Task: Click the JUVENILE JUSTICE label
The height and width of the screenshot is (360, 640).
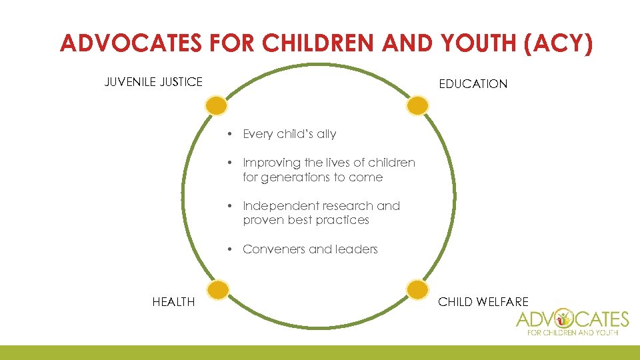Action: [x=153, y=82]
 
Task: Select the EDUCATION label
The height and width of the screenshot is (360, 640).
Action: [x=473, y=84]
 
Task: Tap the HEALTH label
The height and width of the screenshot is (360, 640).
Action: [x=173, y=302]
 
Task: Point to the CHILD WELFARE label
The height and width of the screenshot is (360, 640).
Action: [x=483, y=302]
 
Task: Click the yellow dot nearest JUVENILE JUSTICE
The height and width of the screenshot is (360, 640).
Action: [x=216, y=105]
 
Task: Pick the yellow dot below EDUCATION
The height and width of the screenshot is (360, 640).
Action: [x=417, y=105]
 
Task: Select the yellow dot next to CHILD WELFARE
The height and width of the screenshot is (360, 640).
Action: [x=417, y=289]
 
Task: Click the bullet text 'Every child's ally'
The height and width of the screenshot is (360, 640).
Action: [x=289, y=134]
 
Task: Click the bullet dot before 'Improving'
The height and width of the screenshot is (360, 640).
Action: [x=229, y=163]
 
